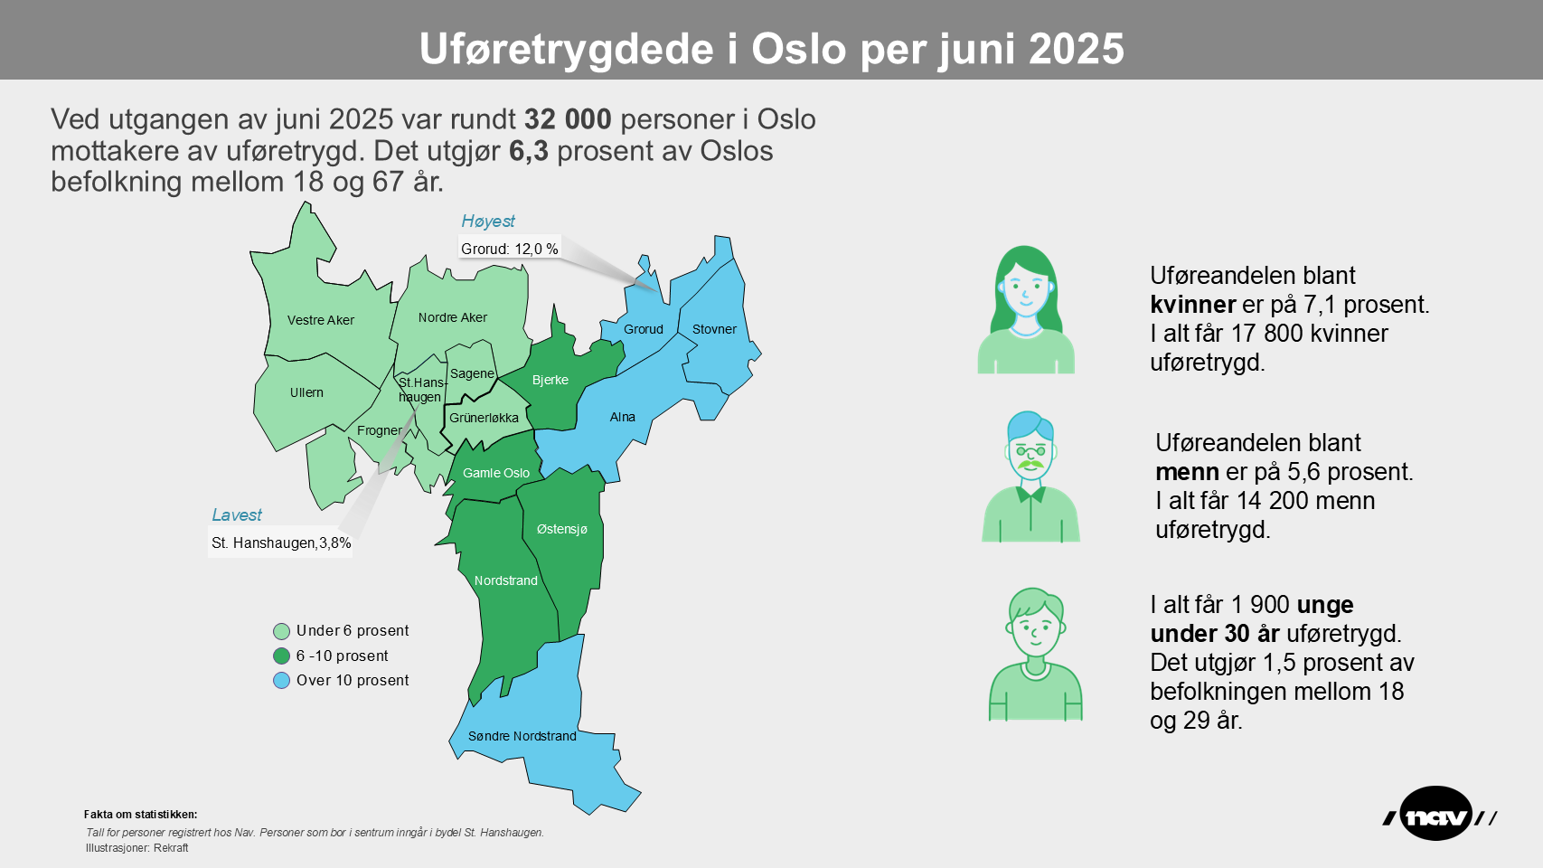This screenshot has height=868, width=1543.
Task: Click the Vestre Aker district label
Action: click(321, 320)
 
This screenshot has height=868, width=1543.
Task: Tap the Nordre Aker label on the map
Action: click(452, 317)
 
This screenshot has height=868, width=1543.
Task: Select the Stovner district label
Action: click(714, 329)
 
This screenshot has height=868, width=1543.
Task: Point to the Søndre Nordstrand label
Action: click(522, 736)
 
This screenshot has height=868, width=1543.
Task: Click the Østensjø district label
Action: click(561, 529)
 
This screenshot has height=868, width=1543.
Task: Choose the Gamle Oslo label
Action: click(496, 473)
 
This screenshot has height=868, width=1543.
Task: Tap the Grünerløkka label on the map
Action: click(484, 418)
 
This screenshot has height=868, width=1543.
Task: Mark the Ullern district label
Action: click(306, 392)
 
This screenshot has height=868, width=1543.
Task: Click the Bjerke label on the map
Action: click(550, 380)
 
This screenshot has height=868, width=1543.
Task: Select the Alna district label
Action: click(622, 417)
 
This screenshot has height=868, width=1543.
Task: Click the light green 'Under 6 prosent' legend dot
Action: click(282, 631)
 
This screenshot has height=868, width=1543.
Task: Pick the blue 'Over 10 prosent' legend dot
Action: click(282, 681)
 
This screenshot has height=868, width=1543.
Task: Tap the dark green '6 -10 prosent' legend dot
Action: click(282, 656)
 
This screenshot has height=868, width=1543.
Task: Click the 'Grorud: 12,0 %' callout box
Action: click(509, 249)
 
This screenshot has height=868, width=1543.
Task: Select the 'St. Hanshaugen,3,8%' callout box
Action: click(281, 542)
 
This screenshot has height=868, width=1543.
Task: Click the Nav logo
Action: click(1437, 815)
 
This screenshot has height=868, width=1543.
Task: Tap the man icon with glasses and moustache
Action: click(1030, 477)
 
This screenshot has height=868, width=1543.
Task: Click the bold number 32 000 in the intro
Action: click(568, 119)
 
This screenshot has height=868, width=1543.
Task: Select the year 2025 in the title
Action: click(1076, 49)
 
